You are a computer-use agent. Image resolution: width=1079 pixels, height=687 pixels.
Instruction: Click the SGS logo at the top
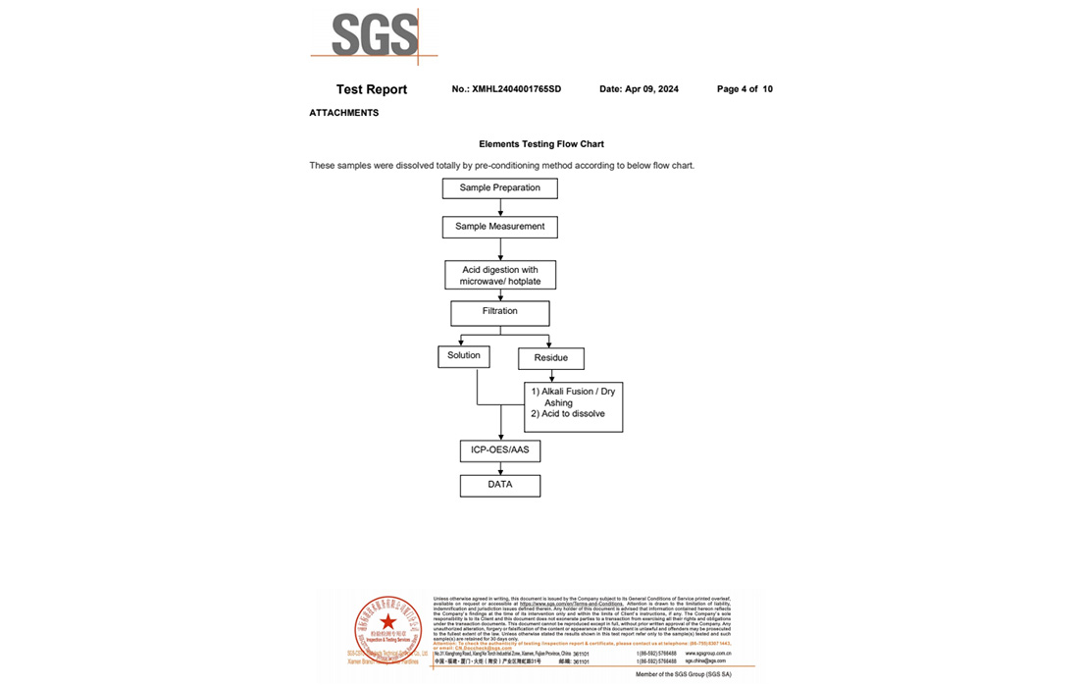375,36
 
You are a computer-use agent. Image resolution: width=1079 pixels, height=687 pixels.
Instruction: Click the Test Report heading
372,89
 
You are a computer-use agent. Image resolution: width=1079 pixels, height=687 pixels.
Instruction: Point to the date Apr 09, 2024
639,89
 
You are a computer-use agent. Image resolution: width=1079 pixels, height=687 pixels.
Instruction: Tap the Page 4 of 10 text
745,89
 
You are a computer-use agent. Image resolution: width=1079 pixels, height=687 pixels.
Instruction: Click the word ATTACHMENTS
344,113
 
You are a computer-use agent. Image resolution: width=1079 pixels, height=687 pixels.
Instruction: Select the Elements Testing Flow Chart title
541,144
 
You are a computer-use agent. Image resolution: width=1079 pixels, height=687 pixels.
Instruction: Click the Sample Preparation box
500,187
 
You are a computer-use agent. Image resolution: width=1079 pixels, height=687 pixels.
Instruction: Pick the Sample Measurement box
500,227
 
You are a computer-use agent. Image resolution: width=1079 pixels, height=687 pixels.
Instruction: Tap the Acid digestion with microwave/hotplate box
500,275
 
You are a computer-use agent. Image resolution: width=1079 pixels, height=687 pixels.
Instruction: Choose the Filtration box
500,312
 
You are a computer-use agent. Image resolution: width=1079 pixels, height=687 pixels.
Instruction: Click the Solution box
464,356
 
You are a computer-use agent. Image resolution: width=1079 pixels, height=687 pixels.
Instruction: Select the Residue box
551,358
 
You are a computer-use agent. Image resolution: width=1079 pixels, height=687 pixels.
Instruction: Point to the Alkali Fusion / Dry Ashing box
574,406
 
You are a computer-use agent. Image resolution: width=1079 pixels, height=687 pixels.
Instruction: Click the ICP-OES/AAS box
500,450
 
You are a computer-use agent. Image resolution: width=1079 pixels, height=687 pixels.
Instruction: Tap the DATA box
500,485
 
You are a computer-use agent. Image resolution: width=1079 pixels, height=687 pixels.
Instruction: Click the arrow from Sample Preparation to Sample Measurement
501,207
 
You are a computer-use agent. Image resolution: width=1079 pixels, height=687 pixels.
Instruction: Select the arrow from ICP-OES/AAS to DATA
501,468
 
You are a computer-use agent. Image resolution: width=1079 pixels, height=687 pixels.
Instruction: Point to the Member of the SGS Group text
683,674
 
